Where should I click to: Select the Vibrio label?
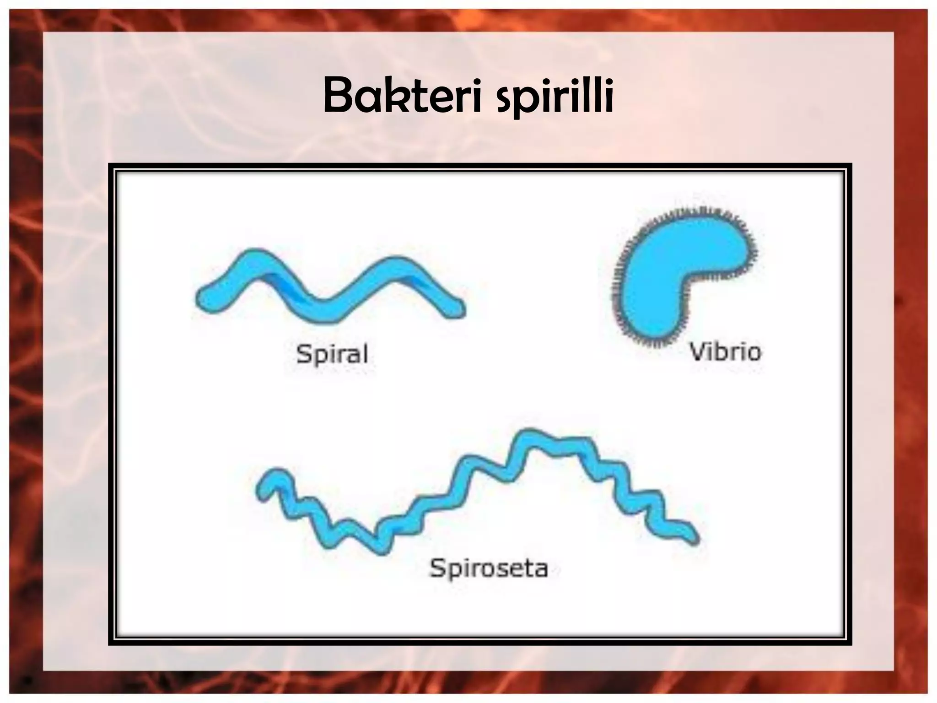(725, 352)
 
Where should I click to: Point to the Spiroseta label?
(488, 568)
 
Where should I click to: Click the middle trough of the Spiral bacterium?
(327, 311)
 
